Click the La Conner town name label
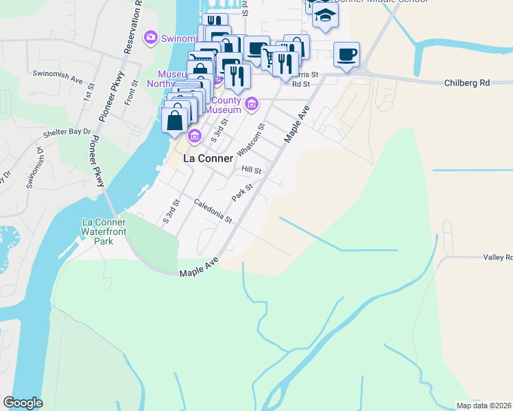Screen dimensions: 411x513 213,158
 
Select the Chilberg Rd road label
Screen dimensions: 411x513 466,83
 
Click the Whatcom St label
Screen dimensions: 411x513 250,139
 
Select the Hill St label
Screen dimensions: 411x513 251,169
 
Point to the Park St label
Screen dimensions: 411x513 243,192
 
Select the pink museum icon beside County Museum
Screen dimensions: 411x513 252,104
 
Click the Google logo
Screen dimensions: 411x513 23,403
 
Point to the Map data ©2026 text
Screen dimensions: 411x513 484,406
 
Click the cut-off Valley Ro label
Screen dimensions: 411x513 498,258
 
